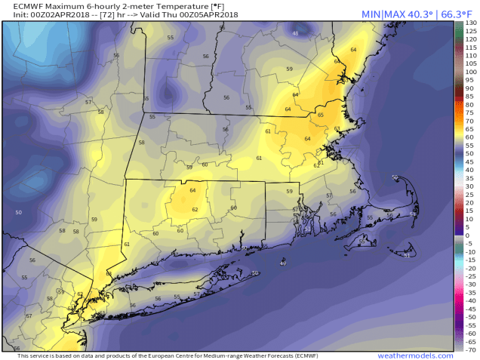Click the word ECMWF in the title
20,6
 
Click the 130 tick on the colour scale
471,24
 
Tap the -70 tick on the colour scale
470,350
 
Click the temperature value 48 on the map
295,34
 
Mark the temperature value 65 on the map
320,115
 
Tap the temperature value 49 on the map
283,263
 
